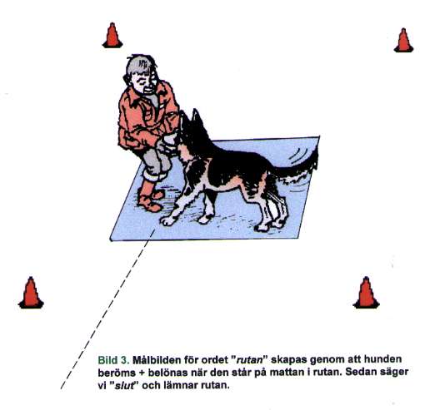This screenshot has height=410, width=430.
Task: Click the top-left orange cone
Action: tap(112, 36)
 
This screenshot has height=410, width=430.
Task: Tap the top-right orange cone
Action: tap(403, 41)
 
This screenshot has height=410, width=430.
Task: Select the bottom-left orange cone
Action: tap(31, 293)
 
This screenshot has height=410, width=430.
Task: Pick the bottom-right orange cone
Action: tap(366, 293)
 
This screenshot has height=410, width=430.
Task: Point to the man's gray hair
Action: tap(139, 66)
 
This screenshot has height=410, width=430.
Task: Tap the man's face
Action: tap(144, 82)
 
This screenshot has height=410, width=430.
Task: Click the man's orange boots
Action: tap(150, 197)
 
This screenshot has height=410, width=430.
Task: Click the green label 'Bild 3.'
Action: tap(114, 360)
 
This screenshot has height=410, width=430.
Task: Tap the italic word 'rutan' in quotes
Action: tap(249, 360)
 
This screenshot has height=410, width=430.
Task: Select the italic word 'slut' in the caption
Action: tap(125, 386)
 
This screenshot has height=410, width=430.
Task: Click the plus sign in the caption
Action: tap(141, 373)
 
